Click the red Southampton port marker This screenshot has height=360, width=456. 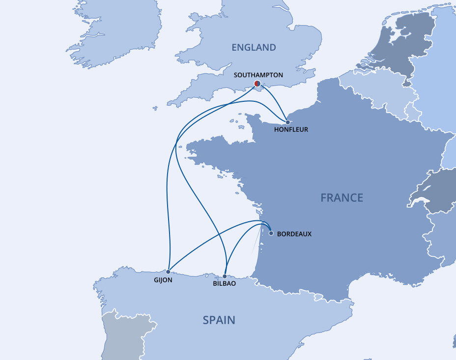click(257, 84)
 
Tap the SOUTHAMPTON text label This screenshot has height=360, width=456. click(258, 75)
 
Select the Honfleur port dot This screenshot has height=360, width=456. click(287, 121)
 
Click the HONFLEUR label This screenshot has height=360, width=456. click(291, 130)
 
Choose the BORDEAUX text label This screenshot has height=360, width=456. click(294, 234)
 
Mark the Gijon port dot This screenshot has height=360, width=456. click(168, 271)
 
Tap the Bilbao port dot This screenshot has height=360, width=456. click(225, 276)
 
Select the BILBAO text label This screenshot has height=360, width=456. click(225, 284)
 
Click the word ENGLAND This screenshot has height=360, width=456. click(254, 48)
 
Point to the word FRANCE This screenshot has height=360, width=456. click(342, 198)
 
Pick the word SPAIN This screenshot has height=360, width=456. click(219, 320)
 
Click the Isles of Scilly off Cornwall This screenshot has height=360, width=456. click(155, 108)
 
